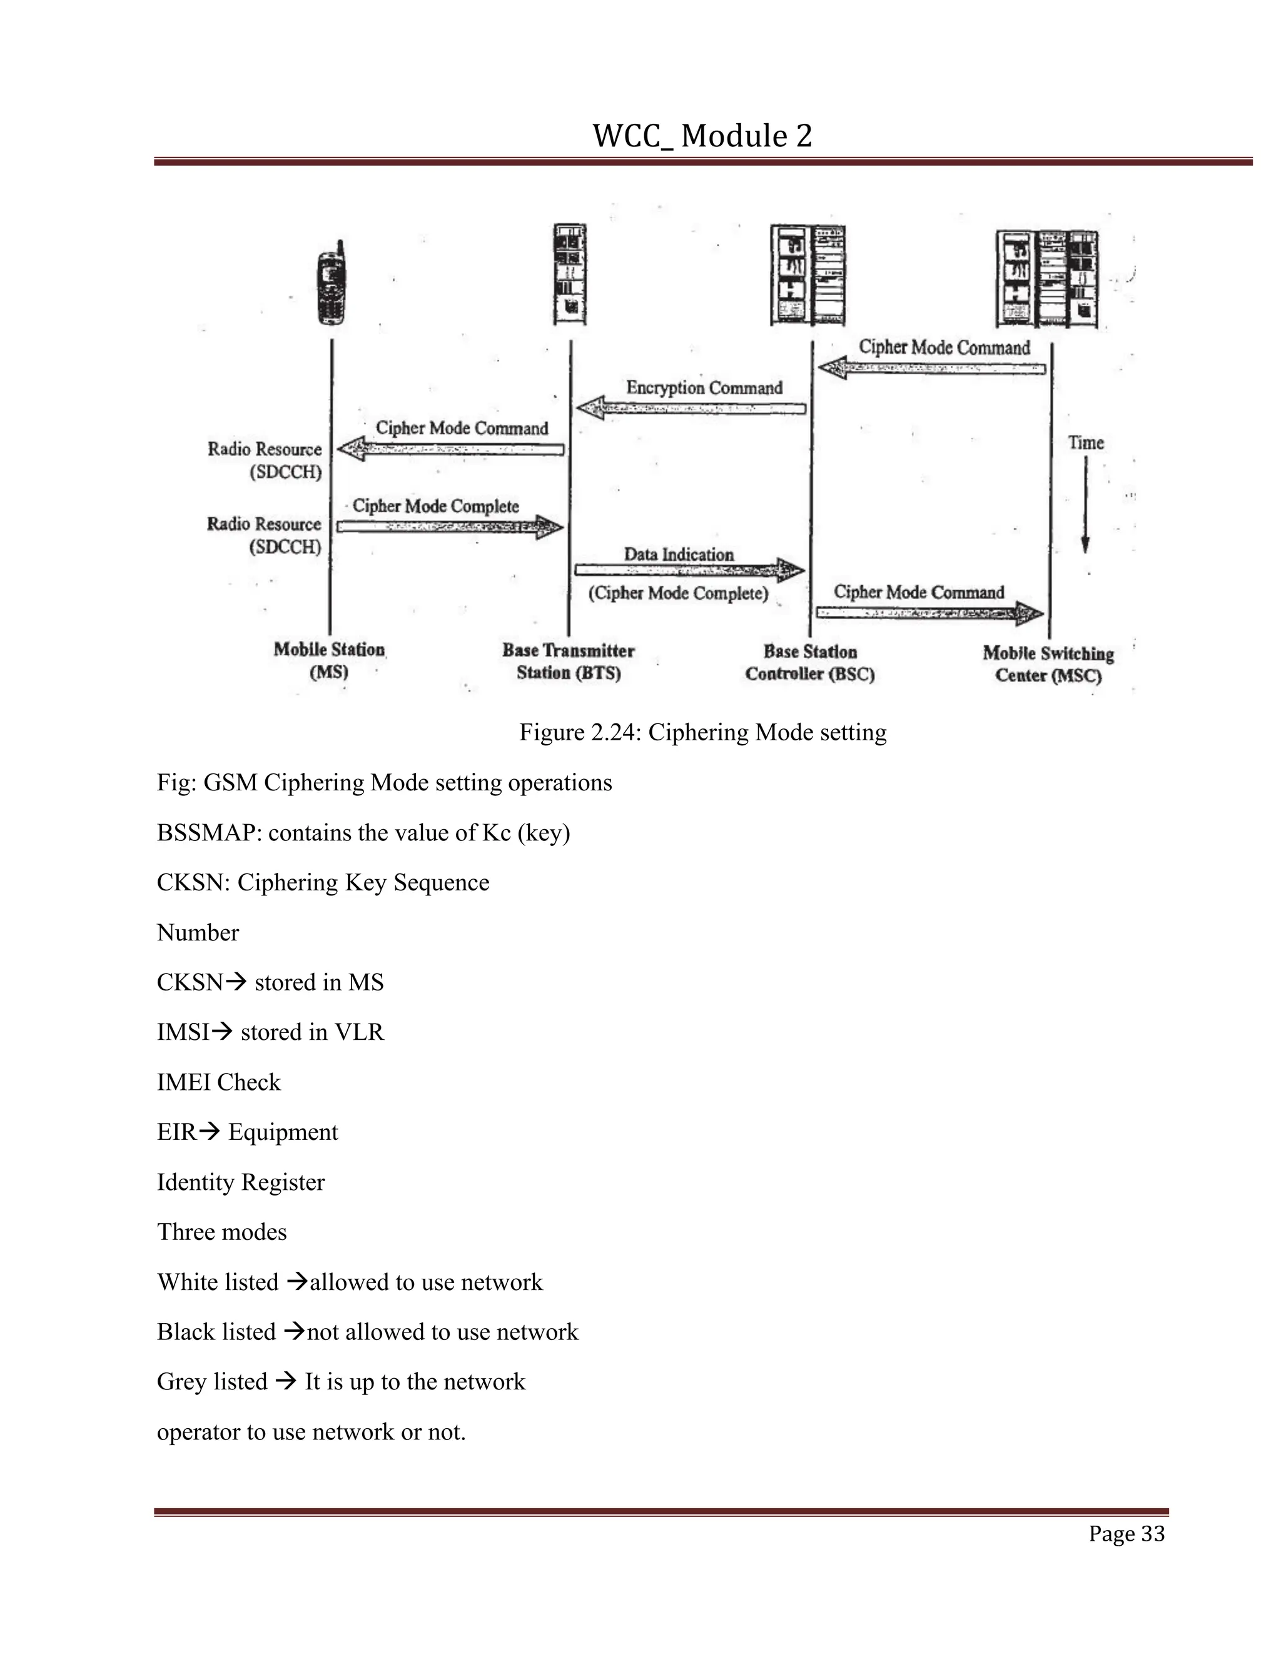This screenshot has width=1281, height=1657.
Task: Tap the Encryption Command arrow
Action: point(691,408)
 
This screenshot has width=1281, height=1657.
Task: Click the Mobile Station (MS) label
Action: point(330,660)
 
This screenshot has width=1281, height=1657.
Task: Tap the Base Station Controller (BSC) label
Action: point(810,662)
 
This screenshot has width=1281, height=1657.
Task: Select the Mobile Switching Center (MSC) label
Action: point(1048,664)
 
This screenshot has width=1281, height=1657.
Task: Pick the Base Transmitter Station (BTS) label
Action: point(569,661)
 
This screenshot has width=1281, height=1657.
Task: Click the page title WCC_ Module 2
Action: point(702,136)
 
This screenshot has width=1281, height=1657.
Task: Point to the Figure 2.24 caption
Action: point(702,732)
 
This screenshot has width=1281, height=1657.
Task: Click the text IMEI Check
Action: point(218,1082)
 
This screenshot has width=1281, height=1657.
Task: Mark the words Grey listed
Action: point(212,1382)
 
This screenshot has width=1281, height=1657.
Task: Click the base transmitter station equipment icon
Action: point(569,274)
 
